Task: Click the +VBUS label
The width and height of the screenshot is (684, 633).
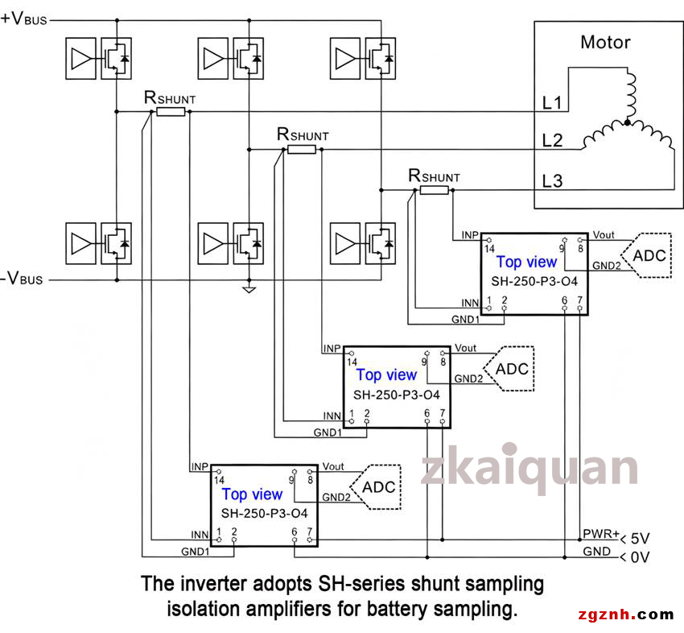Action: [x=23, y=19]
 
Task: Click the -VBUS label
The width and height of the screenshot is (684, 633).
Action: [x=22, y=278]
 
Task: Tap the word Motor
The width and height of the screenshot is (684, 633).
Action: [x=605, y=43]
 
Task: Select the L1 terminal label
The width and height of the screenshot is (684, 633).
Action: [x=552, y=103]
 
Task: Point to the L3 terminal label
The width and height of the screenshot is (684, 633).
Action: [x=552, y=180]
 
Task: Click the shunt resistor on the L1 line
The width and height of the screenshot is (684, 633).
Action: [x=171, y=112]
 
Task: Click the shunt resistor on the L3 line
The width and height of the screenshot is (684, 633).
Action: [x=434, y=190]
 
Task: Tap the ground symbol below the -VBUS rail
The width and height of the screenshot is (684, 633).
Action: [x=249, y=289]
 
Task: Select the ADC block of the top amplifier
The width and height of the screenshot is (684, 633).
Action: [x=646, y=255]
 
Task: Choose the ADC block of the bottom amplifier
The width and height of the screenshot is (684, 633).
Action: [x=376, y=486]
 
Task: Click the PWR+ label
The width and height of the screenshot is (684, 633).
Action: [x=601, y=533]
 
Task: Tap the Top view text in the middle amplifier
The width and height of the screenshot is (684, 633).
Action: [x=386, y=374]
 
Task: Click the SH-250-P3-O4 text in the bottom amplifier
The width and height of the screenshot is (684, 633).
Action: [x=265, y=513]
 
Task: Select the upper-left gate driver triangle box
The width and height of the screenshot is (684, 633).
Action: [x=80, y=59]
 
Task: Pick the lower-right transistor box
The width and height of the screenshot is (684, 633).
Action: [x=381, y=243]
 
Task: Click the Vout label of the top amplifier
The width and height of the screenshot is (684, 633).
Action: [x=604, y=235]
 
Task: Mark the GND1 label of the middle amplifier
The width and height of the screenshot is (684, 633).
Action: [x=328, y=432]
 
